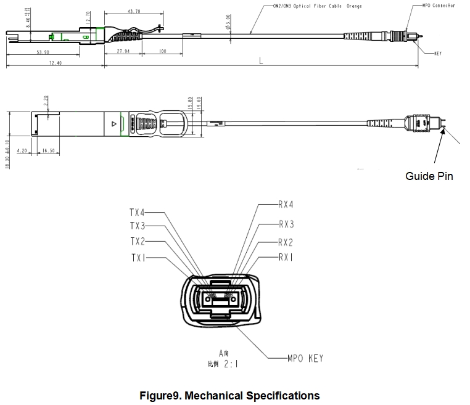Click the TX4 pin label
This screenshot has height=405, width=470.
click(136, 211)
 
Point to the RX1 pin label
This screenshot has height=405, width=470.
click(286, 257)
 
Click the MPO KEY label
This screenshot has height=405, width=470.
click(305, 358)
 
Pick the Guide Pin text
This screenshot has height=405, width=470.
click(429, 176)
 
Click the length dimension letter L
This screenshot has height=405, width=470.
click(261, 61)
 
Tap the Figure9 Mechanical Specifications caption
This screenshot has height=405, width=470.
click(229, 395)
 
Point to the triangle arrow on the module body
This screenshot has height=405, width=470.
click(113, 123)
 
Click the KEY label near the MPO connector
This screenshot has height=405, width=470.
click(438, 54)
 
